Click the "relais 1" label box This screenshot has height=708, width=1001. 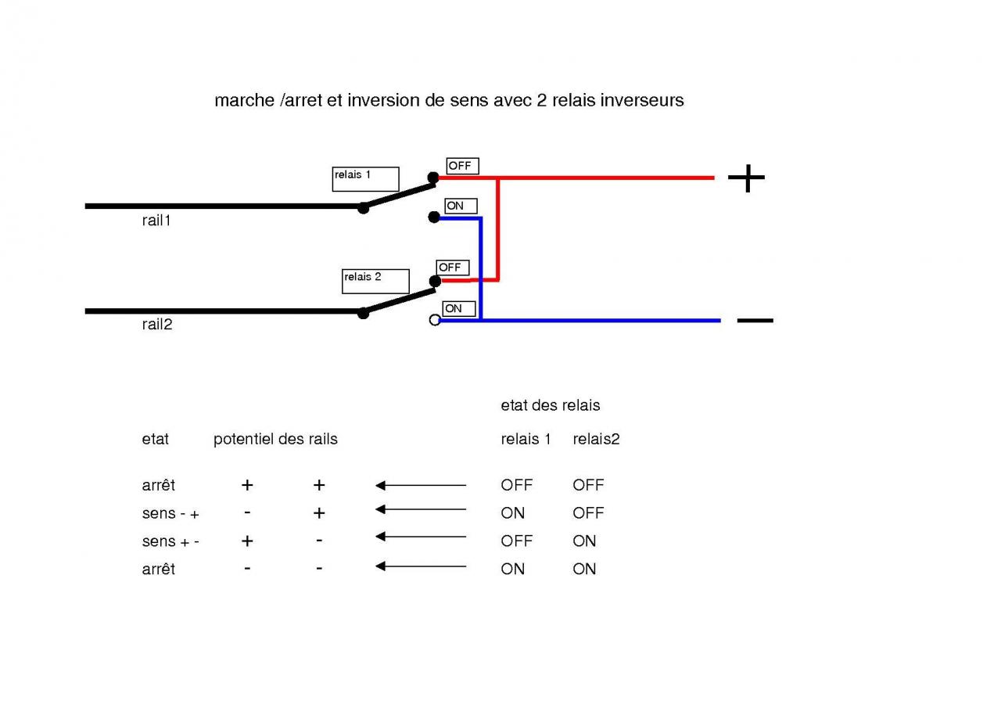365,179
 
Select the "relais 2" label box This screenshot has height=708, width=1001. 375,281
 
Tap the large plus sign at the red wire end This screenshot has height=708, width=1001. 746,178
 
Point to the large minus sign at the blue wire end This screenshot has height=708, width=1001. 755,320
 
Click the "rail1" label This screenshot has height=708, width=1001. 156,221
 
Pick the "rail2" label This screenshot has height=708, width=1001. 156,325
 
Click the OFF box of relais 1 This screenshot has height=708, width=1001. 462,166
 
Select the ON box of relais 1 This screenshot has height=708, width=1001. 461,206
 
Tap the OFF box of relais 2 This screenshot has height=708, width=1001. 453,268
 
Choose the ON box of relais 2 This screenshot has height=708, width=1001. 458,309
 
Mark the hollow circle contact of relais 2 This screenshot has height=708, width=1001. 435,320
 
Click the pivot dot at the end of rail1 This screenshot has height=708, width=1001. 363,207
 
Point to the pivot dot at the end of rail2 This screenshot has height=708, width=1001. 363,313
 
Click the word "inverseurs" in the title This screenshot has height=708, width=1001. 642,100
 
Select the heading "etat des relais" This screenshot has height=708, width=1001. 550,405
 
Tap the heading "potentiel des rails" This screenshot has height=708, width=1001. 275,439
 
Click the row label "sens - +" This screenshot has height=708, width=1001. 170,514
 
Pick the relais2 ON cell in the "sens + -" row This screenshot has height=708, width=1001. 584,541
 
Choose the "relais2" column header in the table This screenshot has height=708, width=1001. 596,439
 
